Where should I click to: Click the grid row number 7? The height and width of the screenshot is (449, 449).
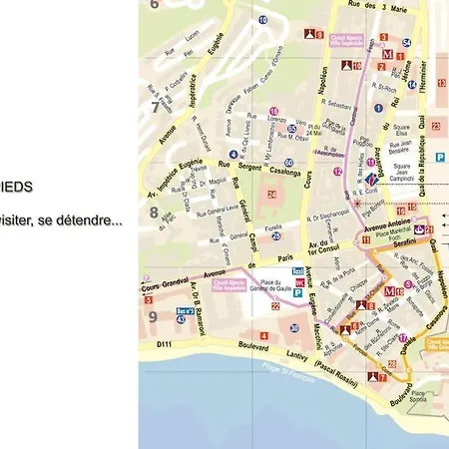154,107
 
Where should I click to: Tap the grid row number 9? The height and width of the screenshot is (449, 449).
154,317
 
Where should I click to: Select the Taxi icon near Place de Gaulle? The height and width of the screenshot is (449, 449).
297,271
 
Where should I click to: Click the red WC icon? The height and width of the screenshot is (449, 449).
297,282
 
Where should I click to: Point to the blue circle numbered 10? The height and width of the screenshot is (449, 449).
262,19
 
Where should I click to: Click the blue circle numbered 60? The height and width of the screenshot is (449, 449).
288,162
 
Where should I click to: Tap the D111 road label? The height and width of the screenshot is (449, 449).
152,344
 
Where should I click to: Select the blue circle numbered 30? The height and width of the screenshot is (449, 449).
294,327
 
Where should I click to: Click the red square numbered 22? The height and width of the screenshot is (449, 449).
275,306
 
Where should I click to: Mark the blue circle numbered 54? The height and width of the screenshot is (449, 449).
407,42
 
